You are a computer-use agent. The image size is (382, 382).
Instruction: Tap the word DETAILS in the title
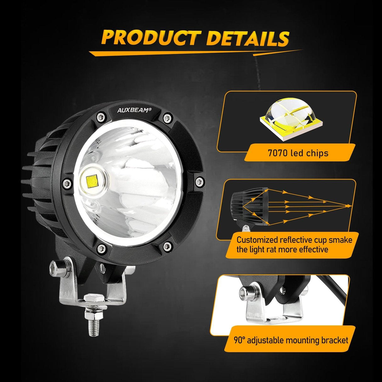pos(247,38)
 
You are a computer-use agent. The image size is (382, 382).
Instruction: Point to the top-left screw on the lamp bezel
pos(101,117)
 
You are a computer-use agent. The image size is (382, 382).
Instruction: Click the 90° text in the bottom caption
pos(239,340)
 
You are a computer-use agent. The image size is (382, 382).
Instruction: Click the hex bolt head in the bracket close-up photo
pos(246,292)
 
